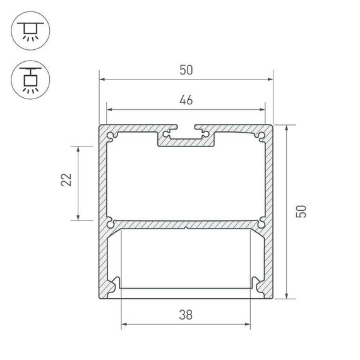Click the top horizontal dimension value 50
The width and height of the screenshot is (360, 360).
pyautogui.click(x=185, y=70)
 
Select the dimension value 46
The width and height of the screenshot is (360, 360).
pyautogui.click(x=185, y=100)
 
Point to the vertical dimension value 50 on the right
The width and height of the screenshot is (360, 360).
pyautogui.click(x=302, y=211)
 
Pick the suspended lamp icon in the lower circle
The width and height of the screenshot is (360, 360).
pyautogui.click(x=28, y=80)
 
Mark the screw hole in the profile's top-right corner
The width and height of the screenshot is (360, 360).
pyautogui.click(x=260, y=135)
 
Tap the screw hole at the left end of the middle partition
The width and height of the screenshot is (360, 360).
pyautogui.click(x=111, y=223)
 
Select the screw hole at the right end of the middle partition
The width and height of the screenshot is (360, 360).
pyautogui.click(x=260, y=223)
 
